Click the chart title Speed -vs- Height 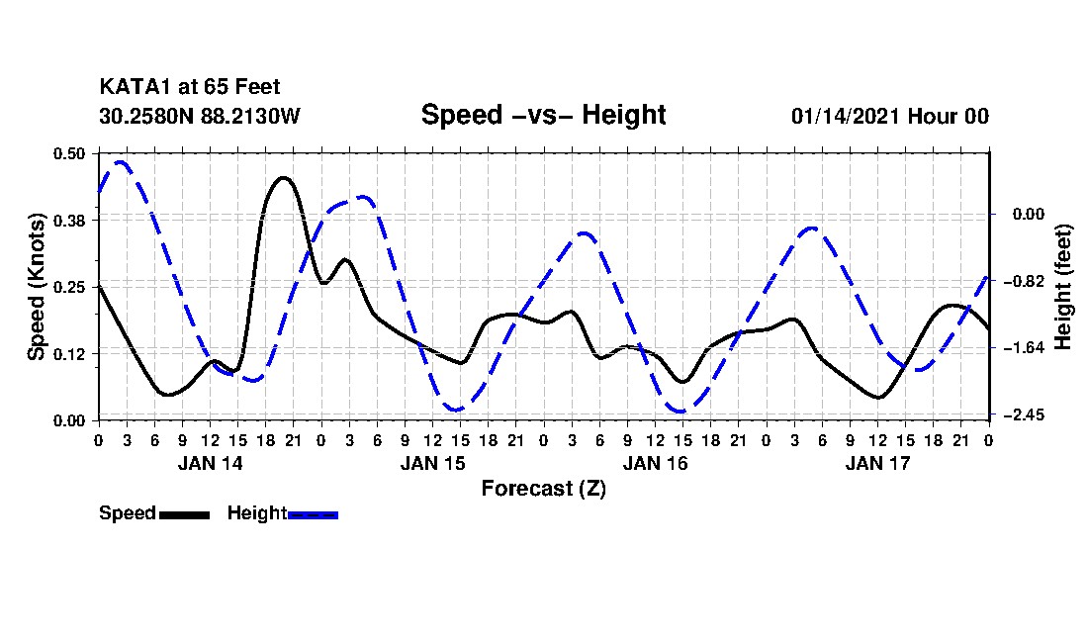[543, 115]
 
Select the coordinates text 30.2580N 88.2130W [199, 116]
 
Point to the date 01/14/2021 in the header [845, 116]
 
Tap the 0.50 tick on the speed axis [70, 153]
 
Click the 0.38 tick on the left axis [70, 220]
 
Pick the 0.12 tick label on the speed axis [70, 353]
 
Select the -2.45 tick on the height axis [1024, 414]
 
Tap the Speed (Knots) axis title [36, 286]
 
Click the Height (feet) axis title [1063, 287]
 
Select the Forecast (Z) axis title [543, 488]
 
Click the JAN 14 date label [210, 463]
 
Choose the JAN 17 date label [877, 463]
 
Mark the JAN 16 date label [655, 463]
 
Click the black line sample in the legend [184, 514]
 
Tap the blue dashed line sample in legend [314, 514]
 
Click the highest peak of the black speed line [283, 178]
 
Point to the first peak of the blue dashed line [121, 161]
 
